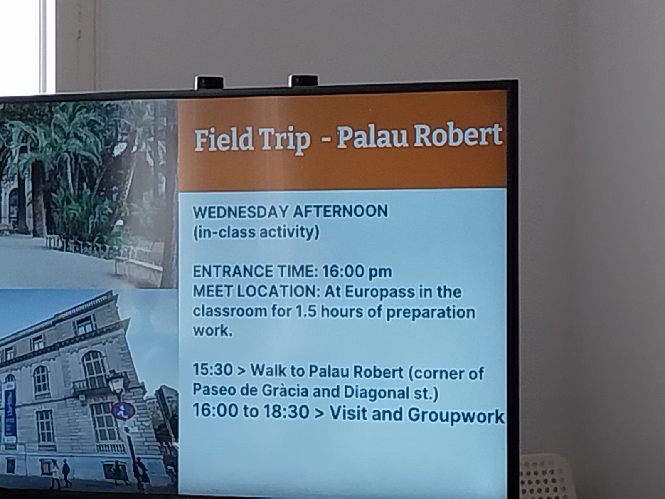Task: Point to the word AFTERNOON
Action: (340, 211)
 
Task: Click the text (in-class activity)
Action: (256, 233)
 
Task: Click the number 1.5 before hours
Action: (306, 312)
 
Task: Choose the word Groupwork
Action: (456, 415)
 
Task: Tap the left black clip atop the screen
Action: (209, 82)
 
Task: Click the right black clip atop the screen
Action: (303, 81)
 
